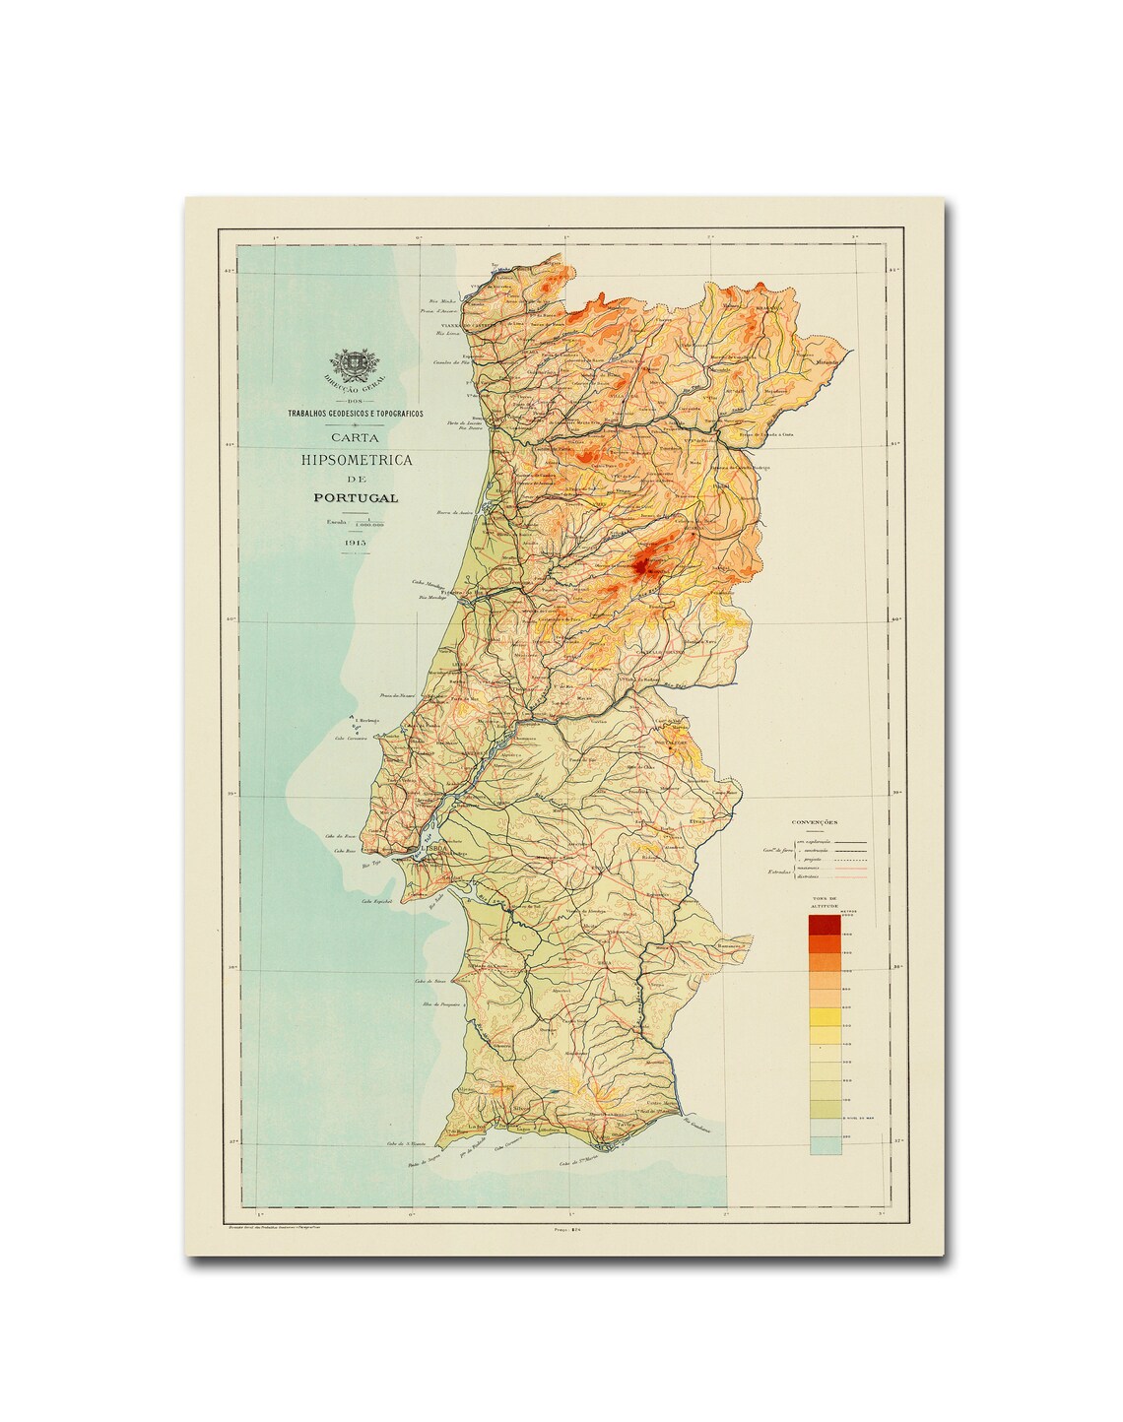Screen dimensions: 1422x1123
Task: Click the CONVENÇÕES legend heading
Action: click(814, 821)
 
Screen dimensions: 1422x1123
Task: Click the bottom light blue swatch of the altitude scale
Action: click(824, 1144)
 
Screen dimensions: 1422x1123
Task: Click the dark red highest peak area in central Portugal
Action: click(641, 564)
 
